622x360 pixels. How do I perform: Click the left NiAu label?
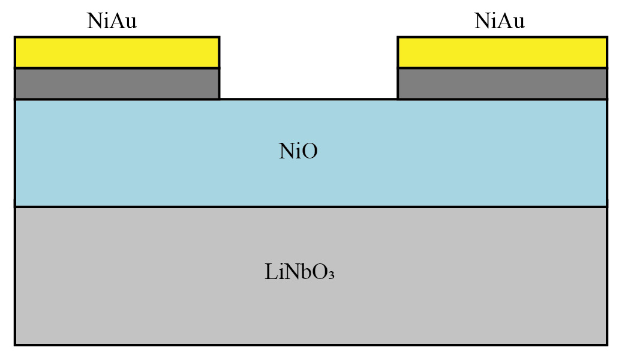tap(112, 21)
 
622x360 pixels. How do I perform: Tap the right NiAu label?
tap(499, 21)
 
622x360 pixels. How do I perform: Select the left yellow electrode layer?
tap(117, 53)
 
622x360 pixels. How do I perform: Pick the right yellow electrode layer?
tap(502, 53)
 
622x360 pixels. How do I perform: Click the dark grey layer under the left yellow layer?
tap(117, 83)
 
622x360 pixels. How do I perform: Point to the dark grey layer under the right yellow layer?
tap(502, 83)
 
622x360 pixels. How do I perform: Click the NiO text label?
tap(298, 152)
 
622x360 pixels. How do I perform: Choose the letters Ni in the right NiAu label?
tap(485, 21)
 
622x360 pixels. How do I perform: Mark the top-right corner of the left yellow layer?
tap(219, 37)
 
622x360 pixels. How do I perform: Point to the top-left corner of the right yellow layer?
tap(398, 37)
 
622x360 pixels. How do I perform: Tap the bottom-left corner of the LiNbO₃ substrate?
tap(15, 344)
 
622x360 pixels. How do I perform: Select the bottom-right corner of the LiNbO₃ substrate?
tap(606, 344)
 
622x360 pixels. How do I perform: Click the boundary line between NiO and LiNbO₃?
tap(311, 207)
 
